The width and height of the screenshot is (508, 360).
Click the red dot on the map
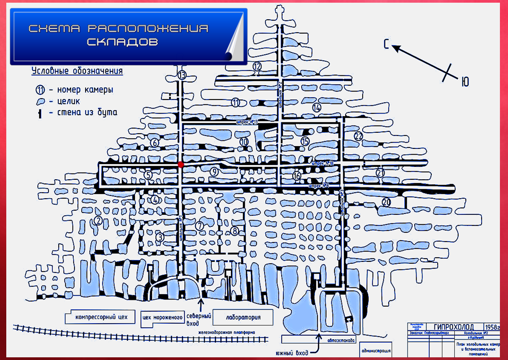click(181, 165)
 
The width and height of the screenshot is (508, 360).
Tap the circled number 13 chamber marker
click(182, 75)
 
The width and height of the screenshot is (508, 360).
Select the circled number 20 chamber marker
click(386, 202)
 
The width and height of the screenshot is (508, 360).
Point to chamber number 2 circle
click(98, 220)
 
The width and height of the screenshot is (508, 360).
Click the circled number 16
click(296, 176)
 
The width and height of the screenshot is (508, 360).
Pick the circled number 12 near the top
click(256, 66)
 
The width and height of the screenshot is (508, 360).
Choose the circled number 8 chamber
click(234, 231)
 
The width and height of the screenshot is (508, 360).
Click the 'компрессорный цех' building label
click(101, 317)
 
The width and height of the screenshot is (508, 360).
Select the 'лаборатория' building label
click(243, 317)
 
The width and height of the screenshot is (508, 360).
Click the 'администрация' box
click(376, 351)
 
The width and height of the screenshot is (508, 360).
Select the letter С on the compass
click(386, 43)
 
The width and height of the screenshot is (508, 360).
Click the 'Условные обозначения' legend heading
click(77, 71)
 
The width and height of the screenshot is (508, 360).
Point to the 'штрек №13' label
click(248, 121)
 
